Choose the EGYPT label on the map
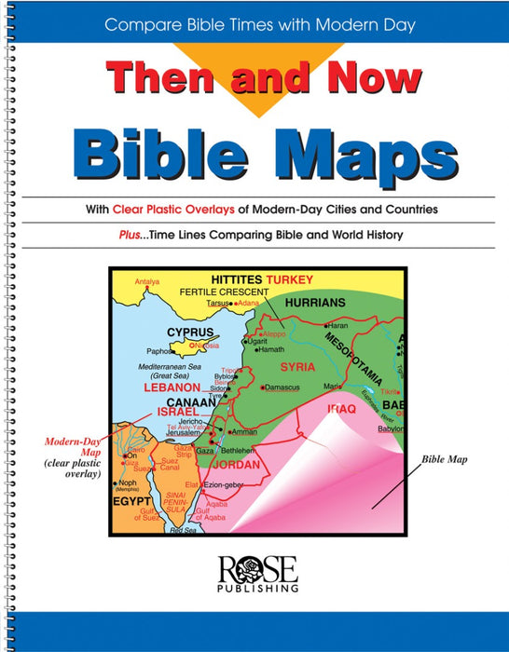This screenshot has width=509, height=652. pyautogui.click(x=133, y=497)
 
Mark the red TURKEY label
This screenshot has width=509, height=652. pyautogui.click(x=290, y=279)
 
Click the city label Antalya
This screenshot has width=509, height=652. pyautogui.click(x=147, y=280)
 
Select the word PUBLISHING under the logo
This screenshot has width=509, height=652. pyautogui.click(x=254, y=589)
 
